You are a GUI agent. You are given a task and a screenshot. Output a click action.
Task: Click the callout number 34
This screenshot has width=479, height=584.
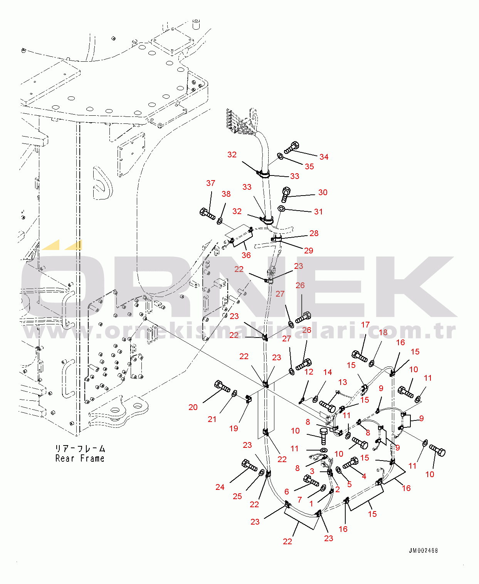[x=324, y=157]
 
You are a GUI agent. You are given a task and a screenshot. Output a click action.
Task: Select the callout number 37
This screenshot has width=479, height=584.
[x=210, y=183]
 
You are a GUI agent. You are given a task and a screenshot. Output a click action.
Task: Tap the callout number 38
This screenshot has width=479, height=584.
[x=226, y=194]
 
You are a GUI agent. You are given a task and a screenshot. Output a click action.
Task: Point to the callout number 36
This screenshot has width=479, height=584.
[x=246, y=255]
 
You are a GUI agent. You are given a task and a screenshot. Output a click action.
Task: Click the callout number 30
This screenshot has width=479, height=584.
[x=323, y=192]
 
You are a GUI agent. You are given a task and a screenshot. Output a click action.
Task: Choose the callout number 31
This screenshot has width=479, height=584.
[x=318, y=212]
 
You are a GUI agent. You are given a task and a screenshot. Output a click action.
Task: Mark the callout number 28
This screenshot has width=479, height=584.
[x=314, y=233]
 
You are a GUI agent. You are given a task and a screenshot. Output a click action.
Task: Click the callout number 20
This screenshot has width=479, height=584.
[x=193, y=407]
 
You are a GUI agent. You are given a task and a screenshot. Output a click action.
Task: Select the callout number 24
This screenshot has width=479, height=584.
[x=220, y=487]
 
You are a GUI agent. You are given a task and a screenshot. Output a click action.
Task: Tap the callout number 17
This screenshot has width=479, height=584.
[x=365, y=325]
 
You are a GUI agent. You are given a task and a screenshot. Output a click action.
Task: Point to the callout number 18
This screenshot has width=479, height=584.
[x=383, y=333]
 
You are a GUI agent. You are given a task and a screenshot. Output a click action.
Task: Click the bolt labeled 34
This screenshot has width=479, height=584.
[x=292, y=147]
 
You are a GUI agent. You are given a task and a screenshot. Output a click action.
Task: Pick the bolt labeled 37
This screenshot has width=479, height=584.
[x=208, y=213]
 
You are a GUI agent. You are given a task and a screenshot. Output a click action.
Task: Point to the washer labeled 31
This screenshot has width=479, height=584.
[x=281, y=209]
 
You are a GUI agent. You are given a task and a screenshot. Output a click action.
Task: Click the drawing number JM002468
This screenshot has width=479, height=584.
[x=423, y=551]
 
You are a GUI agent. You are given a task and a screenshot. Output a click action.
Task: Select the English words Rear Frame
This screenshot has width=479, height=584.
[x=80, y=459]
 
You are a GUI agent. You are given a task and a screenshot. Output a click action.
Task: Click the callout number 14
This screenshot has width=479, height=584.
[x=328, y=372]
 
